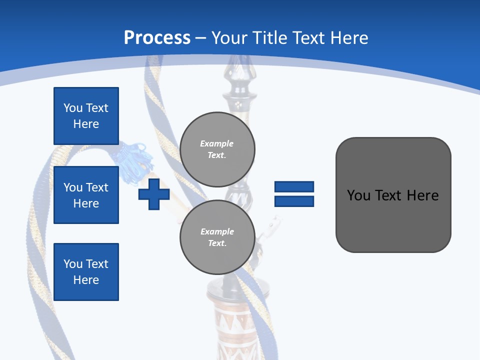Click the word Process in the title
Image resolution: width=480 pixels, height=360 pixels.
pos(157,38)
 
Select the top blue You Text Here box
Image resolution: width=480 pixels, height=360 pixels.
pos(86,116)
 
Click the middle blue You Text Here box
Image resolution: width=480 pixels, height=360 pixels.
pos(86,195)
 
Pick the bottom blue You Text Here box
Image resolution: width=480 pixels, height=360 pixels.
pos(86,272)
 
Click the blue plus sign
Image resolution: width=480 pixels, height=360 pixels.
pos(154,194)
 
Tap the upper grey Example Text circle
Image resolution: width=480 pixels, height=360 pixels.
pos(217,149)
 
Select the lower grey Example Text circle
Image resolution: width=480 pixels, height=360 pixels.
pos(217,237)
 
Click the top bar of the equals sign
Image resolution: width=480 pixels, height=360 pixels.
pos(294,187)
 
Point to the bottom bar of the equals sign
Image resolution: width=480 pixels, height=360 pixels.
pos(294,201)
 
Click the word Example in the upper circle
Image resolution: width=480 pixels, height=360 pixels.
pos(217,144)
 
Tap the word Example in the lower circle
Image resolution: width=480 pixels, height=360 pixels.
pos(217,231)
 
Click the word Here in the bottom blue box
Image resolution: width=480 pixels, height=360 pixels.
pos(86,280)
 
